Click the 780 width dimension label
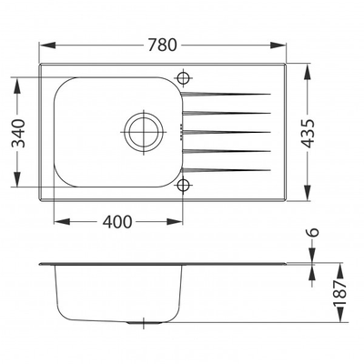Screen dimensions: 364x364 point(162,45)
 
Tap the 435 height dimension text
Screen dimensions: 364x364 point(308,133)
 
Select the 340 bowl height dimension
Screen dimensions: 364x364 point(18,133)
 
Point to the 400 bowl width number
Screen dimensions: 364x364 point(117,222)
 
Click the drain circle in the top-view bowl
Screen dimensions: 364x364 point(144,132)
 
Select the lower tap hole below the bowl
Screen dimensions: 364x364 point(183,185)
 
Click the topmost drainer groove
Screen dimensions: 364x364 point(226,94)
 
